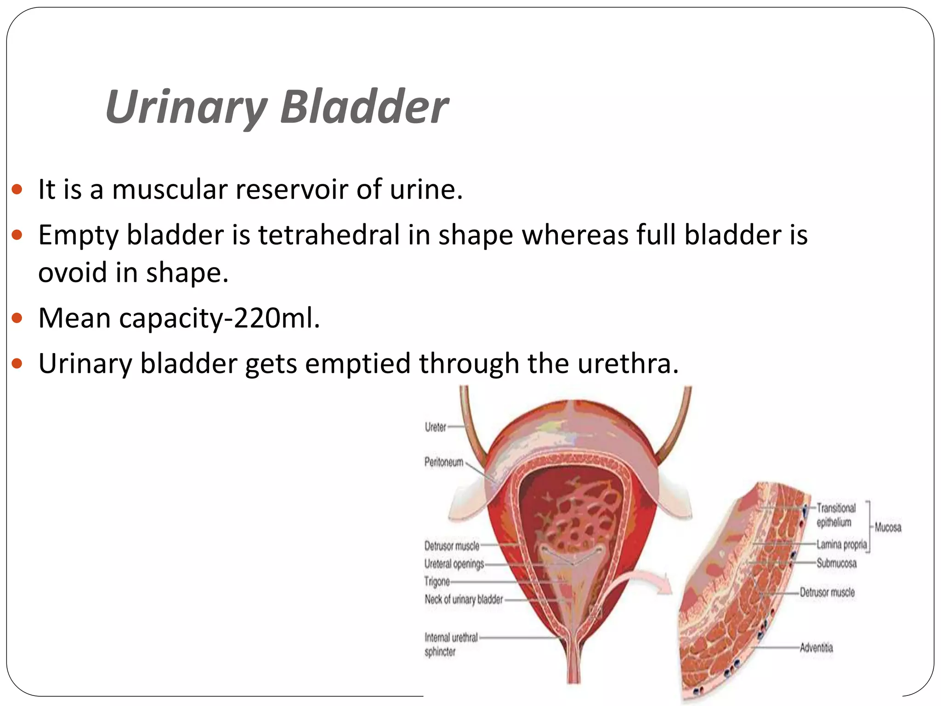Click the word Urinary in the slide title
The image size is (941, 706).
[x=186, y=108]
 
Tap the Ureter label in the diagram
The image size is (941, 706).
[x=435, y=427]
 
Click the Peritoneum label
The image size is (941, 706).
[x=444, y=462]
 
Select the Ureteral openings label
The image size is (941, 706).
[x=454, y=564]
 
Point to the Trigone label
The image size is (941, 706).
[x=437, y=581]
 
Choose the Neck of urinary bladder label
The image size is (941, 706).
[x=464, y=599]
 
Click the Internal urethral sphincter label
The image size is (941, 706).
[x=451, y=644]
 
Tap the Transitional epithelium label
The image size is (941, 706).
[x=836, y=515]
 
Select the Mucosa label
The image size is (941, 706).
[x=888, y=527]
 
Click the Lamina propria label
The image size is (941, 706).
[x=841, y=545]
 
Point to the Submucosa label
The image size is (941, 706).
[x=836, y=563]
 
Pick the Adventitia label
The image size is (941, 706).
[x=816, y=648]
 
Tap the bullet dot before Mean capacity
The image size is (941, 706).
[x=17, y=318]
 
